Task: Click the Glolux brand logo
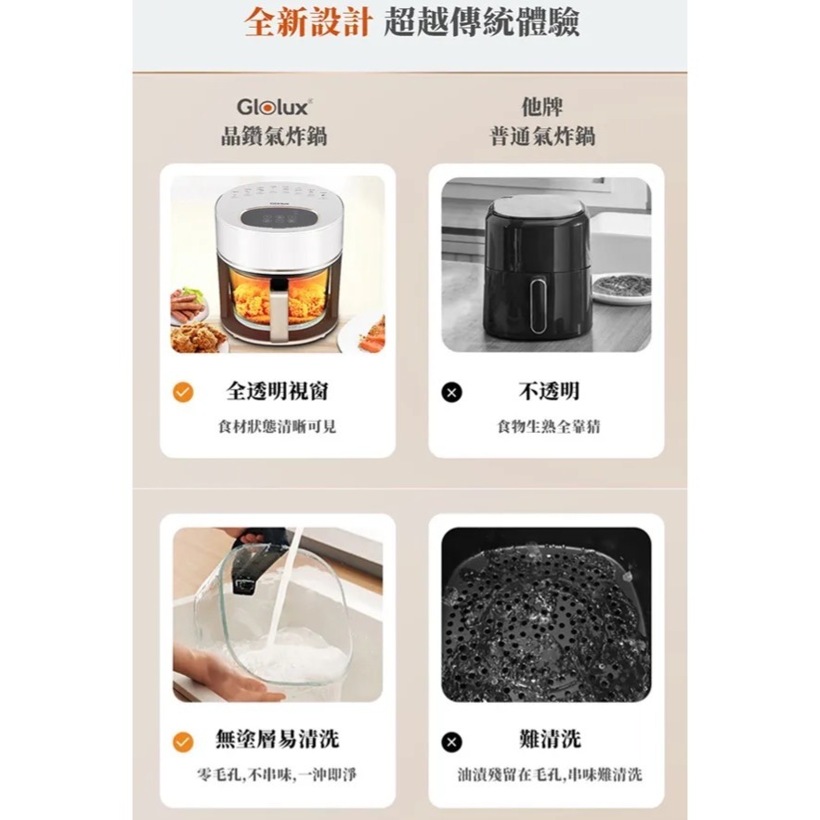tap(273, 107)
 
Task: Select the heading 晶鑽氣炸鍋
tap(273, 137)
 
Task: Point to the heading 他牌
tap(542, 107)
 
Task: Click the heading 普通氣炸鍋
tap(542, 137)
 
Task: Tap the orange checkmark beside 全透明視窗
tap(184, 392)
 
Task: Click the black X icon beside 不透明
tap(451, 392)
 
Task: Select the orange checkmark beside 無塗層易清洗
tap(184, 741)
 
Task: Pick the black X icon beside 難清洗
tap(451, 741)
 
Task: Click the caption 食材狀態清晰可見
tap(277, 426)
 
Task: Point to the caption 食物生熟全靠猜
tap(548, 426)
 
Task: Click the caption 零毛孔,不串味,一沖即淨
tap(277, 774)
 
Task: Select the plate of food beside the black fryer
tap(620, 286)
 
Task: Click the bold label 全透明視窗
tap(278, 391)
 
